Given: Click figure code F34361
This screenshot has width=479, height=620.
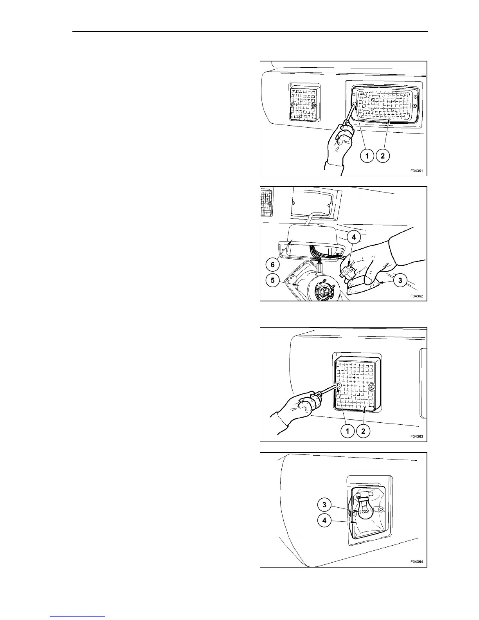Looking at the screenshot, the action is click(417, 171).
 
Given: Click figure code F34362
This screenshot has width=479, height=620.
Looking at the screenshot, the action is click(417, 296).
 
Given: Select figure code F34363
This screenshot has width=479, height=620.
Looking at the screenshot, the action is click(417, 436).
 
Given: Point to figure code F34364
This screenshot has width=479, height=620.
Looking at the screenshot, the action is click(417, 562).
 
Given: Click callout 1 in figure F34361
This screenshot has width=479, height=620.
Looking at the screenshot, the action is click(367, 156).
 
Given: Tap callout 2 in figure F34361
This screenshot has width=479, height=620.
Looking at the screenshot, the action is click(382, 156).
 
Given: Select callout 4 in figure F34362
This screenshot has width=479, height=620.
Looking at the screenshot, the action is click(354, 237).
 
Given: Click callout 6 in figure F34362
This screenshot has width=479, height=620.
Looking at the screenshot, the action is click(273, 265).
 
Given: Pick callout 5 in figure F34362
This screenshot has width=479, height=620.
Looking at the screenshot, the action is click(273, 280).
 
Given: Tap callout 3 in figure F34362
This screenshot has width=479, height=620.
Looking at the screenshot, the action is click(400, 280).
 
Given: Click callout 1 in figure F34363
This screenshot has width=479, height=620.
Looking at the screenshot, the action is click(348, 431).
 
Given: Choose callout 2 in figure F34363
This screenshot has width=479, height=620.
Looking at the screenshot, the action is click(363, 431).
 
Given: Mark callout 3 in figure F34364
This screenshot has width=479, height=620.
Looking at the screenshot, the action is click(324, 505).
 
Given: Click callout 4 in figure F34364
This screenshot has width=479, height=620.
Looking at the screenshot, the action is click(324, 521).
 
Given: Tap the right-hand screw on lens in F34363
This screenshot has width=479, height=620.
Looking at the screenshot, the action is click(372, 387).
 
